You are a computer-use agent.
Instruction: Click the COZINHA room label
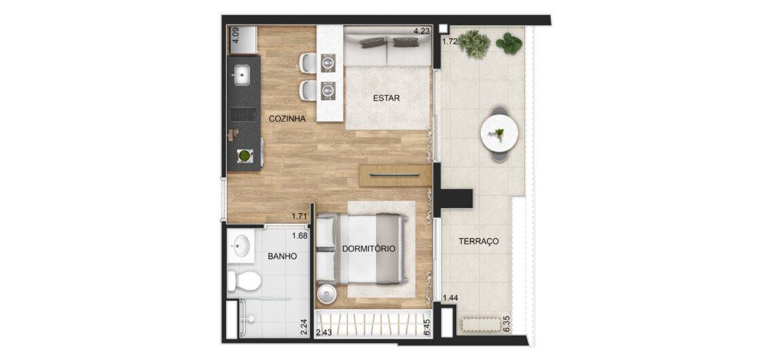(287, 119)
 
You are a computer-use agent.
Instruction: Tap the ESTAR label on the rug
(386, 98)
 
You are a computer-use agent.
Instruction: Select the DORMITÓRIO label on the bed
(369, 249)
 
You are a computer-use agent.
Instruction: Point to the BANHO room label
(282, 256)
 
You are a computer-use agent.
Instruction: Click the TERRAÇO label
(479, 242)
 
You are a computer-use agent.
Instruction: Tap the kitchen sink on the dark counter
(242, 75)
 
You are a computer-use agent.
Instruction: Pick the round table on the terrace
(499, 134)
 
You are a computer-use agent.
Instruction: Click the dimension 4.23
(422, 31)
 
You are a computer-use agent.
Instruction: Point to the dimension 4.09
(236, 35)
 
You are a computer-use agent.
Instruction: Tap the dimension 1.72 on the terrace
(450, 42)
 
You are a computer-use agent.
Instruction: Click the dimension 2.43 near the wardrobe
(325, 333)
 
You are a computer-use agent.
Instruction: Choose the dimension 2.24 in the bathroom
(304, 327)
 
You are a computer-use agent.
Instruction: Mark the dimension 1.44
(450, 298)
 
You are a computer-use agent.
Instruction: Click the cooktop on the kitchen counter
(244, 114)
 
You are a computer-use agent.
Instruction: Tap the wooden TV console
(396, 175)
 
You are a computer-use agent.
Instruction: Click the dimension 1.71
(300, 216)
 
